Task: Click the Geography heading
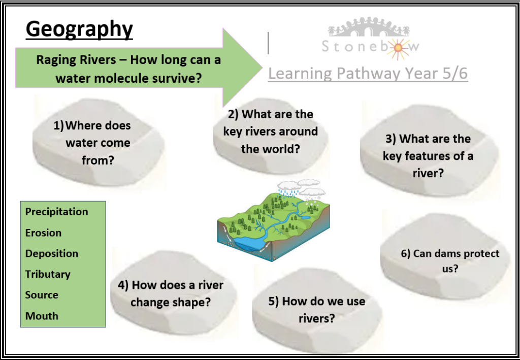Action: tap(79, 29)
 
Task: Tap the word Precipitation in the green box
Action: tap(57, 212)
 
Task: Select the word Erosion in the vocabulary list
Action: tap(44, 233)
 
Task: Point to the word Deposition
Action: tap(52, 253)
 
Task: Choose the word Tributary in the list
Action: tap(48, 275)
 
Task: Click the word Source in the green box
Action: tap(42, 295)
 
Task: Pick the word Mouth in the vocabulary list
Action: tap(42, 316)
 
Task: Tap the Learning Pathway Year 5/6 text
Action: tap(368, 73)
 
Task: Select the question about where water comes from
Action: tap(93, 143)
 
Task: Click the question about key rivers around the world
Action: tap(270, 132)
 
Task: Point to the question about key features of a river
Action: tap(428, 156)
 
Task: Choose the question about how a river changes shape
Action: tap(171, 293)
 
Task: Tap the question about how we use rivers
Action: tap(317, 310)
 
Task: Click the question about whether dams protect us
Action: tap(450, 261)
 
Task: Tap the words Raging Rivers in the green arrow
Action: tap(76, 60)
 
